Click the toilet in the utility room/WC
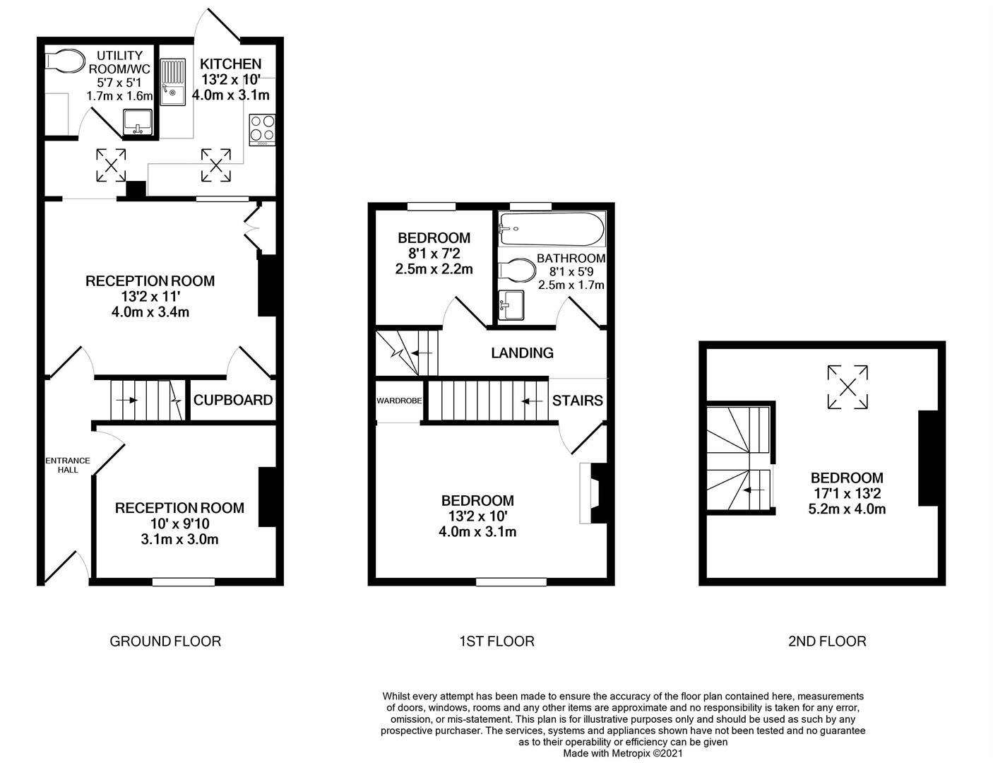63,61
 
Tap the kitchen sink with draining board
172,82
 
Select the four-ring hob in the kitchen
263,129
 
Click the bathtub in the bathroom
552,230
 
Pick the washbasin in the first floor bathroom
511,305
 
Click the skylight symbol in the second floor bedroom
848,386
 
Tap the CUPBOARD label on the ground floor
233,400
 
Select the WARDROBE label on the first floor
399,401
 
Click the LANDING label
522,353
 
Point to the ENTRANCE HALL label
68,465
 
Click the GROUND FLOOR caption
165,641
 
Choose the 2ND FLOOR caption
827,641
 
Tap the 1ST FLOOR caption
496,641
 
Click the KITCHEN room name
231,64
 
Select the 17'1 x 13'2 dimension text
847,493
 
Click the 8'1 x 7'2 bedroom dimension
434,253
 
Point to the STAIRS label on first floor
577,401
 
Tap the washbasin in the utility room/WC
138,122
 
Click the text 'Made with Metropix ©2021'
623,753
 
